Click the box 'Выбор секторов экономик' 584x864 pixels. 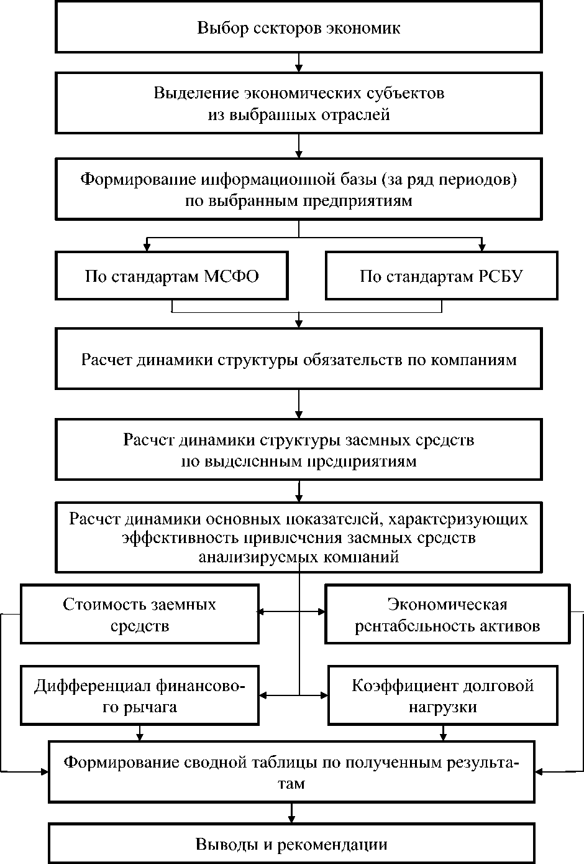coord(299,28)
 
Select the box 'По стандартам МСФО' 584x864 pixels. coord(171,276)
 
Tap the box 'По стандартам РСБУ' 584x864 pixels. coord(441,276)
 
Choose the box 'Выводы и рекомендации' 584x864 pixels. coord(291,844)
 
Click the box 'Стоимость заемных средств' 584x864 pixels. coord(139,615)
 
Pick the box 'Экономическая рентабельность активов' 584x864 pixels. coord(447,615)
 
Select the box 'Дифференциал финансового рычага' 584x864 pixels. coord(139,696)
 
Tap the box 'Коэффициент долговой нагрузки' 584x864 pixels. coord(443,696)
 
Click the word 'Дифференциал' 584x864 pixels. coord(83,686)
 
